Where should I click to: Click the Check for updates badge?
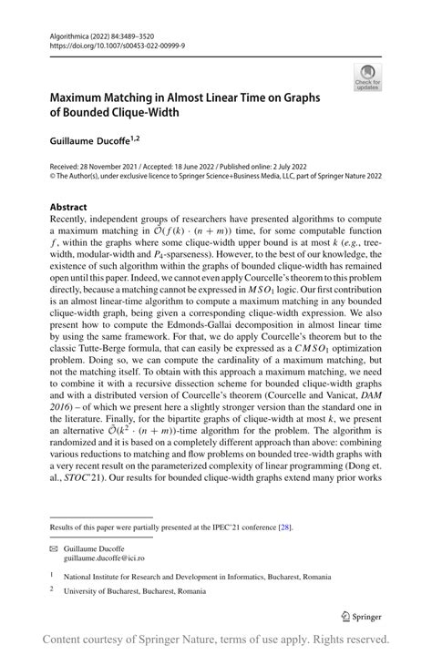(x=367, y=76)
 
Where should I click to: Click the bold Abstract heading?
(x=68, y=208)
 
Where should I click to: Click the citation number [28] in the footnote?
(x=287, y=527)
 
